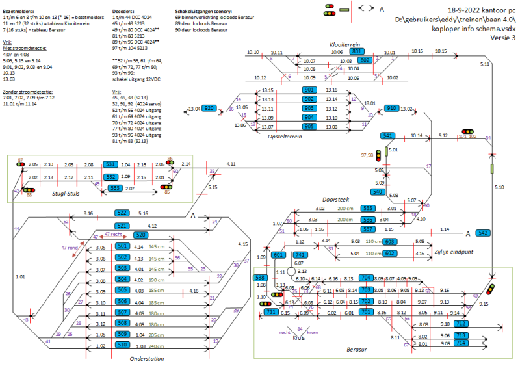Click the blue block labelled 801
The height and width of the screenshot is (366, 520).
click(x=357, y=51)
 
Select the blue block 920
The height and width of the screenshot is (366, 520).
click(x=209, y=109)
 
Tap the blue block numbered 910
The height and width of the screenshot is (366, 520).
click(x=391, y=109)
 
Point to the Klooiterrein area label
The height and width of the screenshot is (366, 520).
click(x=345, y=43)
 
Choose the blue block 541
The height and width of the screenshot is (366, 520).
click(x=388, y=136)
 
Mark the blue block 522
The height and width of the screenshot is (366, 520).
click(x=122, y=213)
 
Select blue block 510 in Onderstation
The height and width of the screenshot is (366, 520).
click(x=122, y=346)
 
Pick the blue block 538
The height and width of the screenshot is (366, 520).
click(x=258, y=278)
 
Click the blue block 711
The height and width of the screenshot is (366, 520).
click(x=272, y=313)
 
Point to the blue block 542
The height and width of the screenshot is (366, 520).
click(x=483, y=233)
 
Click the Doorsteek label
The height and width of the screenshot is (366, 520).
click(x=336, y=200)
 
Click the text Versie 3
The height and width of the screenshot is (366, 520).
click(x=501, y=39)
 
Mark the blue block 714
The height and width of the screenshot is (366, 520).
click(x=460, y=343)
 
